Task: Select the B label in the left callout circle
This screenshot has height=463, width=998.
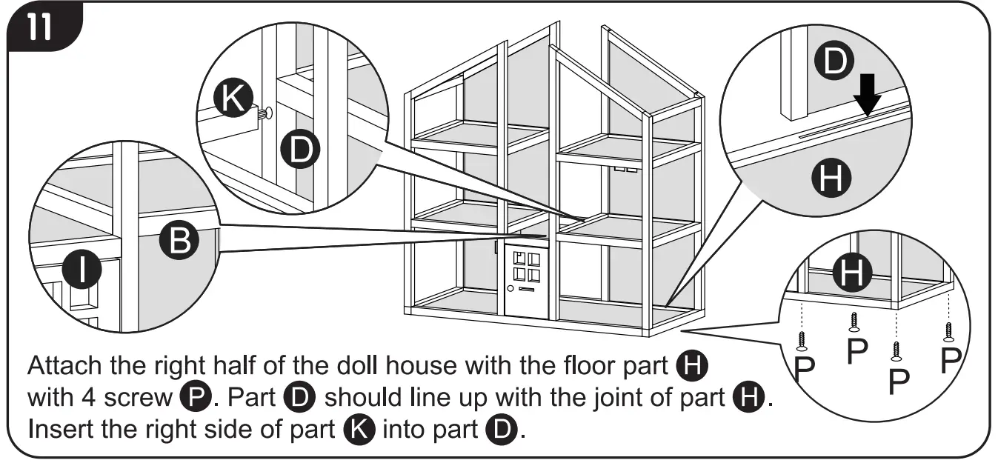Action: pyautogui.click(x=179, y=240)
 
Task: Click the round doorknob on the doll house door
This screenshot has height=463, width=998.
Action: pyautogui.click(x=509, y=287)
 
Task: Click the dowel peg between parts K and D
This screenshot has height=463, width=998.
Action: pyautogui.click(x=264, y=113)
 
